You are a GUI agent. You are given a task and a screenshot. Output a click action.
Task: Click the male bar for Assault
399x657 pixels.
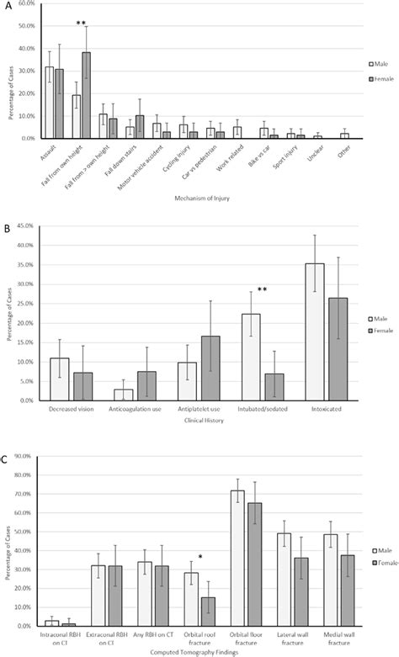(x=50, y=103)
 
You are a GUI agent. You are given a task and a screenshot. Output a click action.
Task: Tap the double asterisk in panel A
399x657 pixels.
(x=82, y=24)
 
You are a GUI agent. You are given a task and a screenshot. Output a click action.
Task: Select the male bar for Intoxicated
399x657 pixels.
(x=315, y=331)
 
